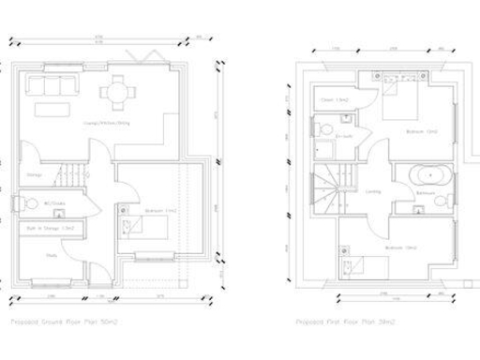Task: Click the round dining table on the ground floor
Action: (x=118, y=92)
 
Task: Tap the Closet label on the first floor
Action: (x=334, y=98)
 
